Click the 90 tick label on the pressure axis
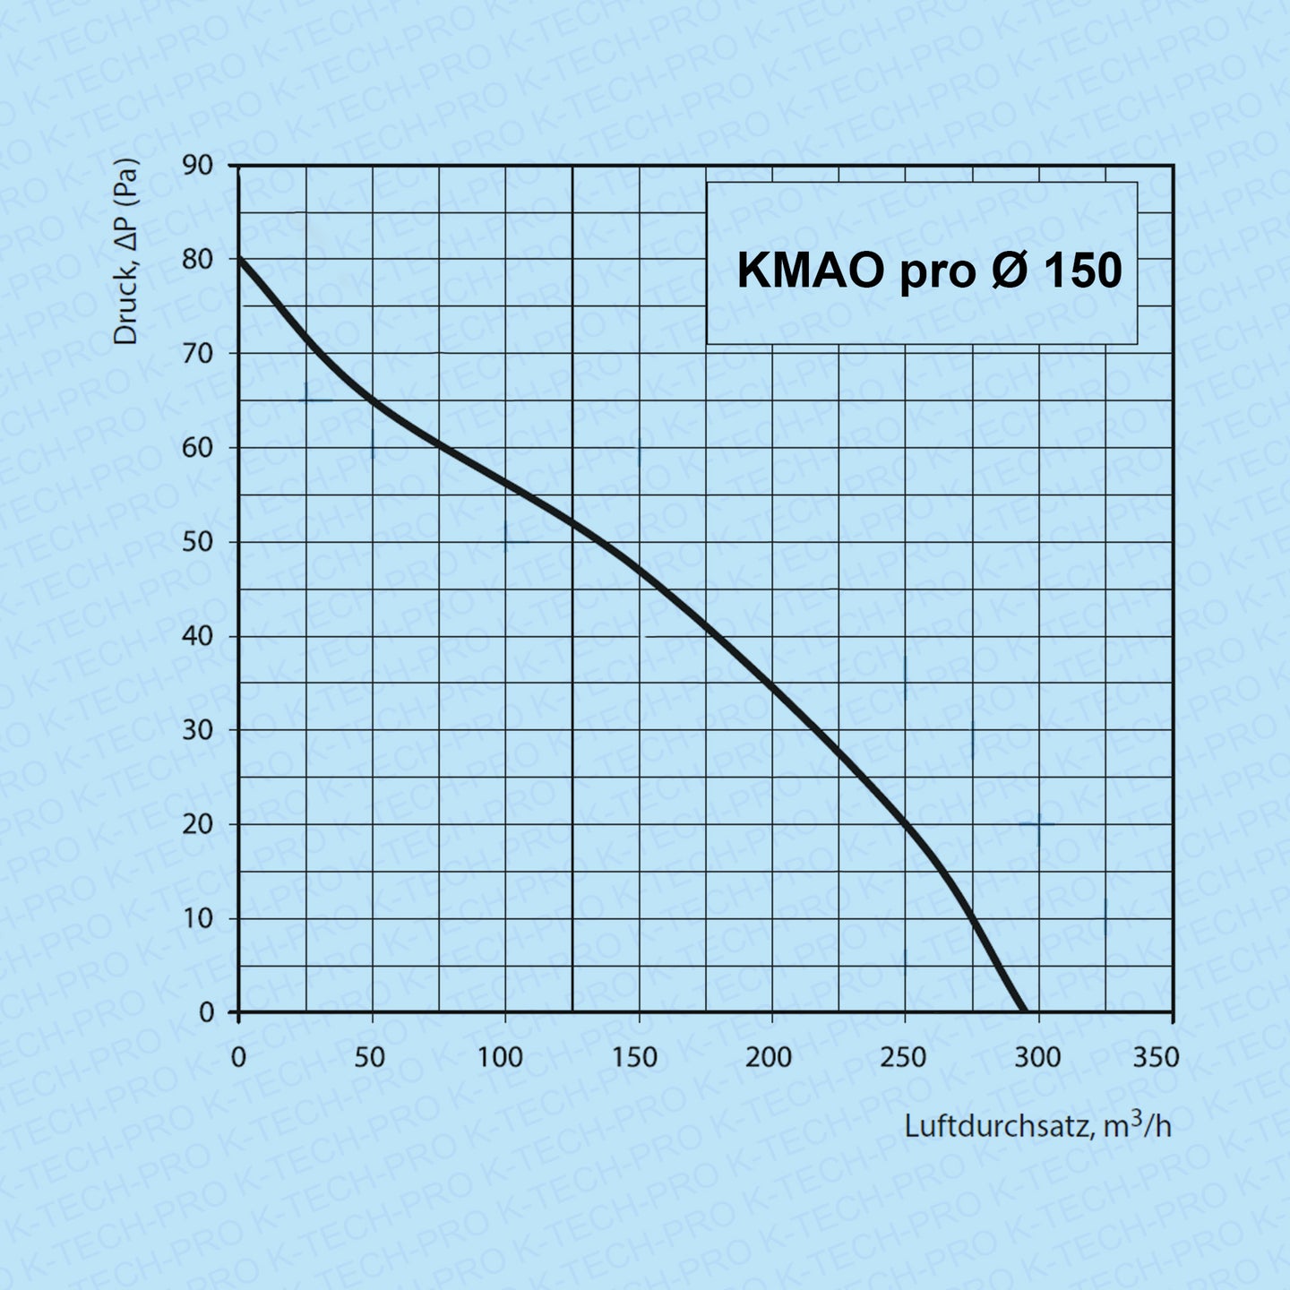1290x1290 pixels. (x=198, y=165)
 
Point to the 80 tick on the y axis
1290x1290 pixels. (x=198, y=259)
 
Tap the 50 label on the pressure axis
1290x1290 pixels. (x=198, y=542)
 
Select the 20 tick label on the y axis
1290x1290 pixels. (x=198, y=824)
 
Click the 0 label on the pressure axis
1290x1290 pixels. (x=207, y=1012)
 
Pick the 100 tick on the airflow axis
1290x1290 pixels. (x=500, y=1058)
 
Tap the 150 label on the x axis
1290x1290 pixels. (x=634, y=1058)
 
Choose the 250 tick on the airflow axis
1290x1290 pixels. (x=903, y=1058)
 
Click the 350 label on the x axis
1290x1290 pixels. (x=1156, y=1058)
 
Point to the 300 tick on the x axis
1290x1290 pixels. (x=1037, y=1058)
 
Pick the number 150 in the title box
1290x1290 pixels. (x=1082, y=270)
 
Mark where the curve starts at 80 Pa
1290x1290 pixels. (x=239, y=259)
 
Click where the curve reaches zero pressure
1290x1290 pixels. (x=1022, y=1011)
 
